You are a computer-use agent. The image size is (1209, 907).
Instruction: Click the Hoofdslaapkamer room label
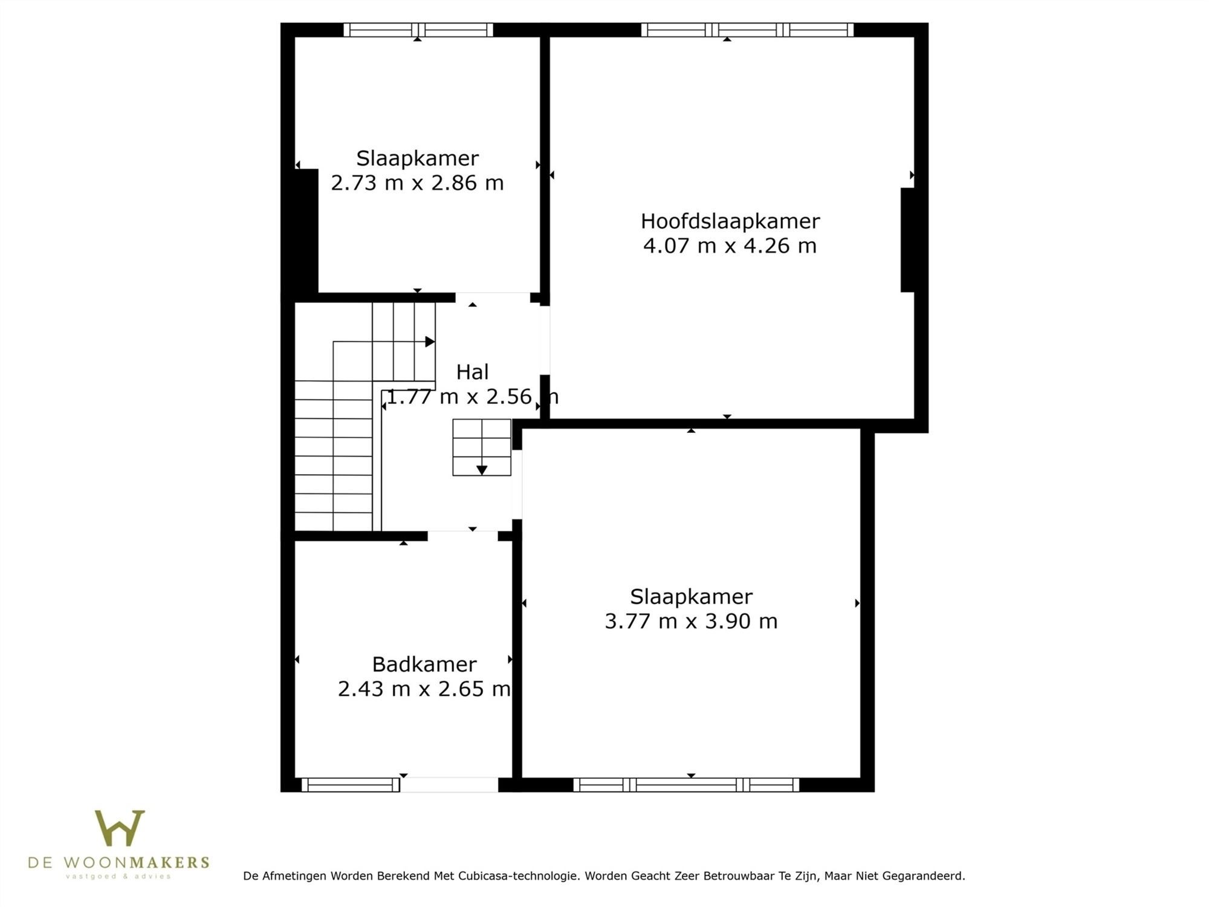[730, 221]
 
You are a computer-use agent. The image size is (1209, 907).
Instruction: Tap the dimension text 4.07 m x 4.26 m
[730, 246]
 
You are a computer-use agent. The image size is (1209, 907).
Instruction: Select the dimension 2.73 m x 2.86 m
[417, 183]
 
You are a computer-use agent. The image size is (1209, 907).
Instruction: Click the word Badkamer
[424, 665]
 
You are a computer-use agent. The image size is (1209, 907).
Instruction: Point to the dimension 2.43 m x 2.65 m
[424, 689]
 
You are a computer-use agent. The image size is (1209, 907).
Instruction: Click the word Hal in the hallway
[472, 372]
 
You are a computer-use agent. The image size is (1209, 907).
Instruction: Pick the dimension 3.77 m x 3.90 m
[691, 621]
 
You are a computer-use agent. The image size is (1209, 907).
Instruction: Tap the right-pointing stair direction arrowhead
[430, 342]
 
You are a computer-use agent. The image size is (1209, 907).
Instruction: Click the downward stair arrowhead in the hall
[482, 470]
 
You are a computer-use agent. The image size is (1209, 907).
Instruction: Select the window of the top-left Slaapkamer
[418, 30]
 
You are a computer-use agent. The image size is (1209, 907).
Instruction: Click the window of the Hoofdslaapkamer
[747, 30]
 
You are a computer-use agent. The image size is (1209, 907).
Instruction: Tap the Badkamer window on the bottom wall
[351, 785]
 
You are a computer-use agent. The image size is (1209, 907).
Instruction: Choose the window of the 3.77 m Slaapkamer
[686, 785]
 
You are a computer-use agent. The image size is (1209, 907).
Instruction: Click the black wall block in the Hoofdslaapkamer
[907, 240]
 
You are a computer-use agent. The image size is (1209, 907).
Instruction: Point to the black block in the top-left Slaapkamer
[306, 231]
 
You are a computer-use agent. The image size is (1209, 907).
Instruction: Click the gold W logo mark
[120, 828]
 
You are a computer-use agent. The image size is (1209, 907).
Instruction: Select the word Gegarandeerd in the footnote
[924, 876]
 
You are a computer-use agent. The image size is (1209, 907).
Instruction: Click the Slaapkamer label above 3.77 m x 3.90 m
[691, 597]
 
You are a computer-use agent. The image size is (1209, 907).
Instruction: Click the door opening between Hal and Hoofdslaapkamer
[545, 340]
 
